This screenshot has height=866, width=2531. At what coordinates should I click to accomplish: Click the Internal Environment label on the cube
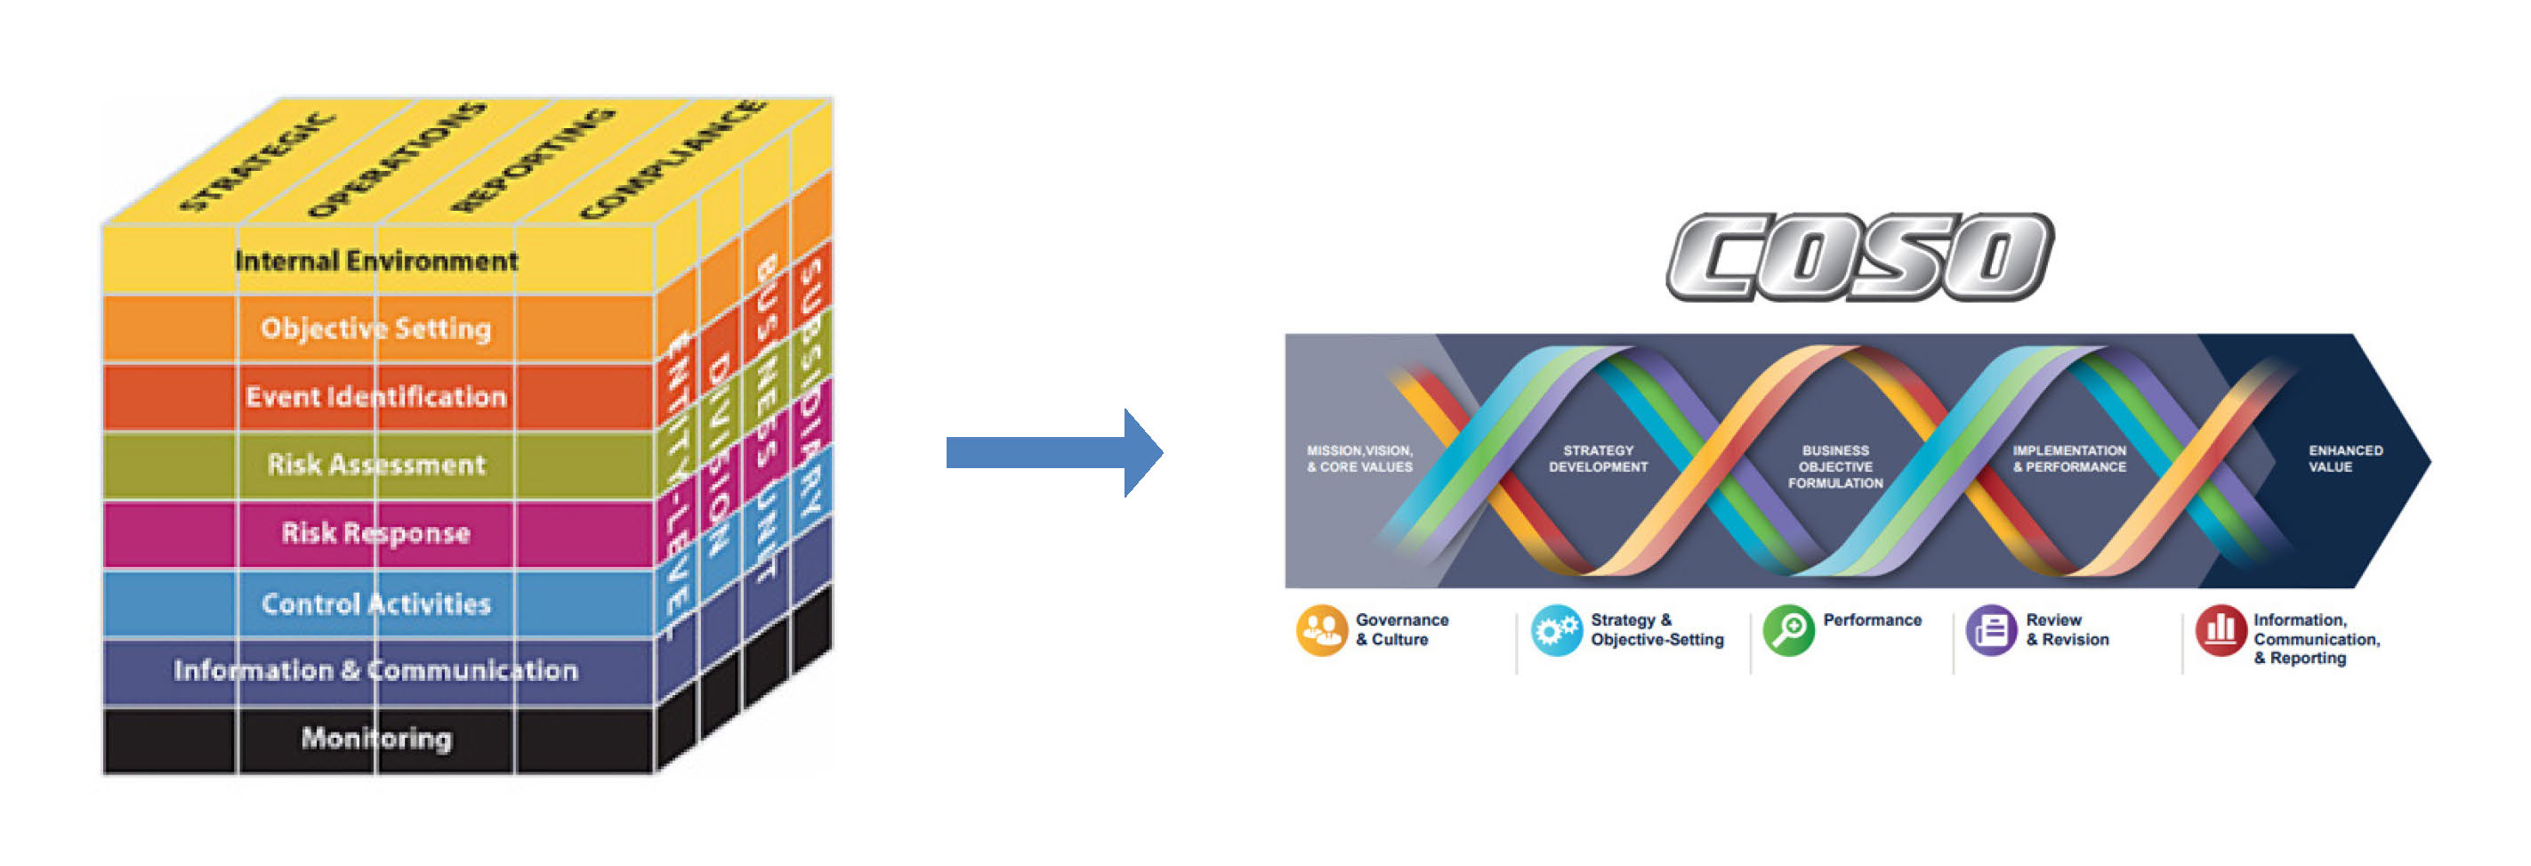pyautogui.click(x=375, y=262)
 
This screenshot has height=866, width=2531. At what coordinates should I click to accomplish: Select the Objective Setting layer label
pyautogui.click(x=375, y=328)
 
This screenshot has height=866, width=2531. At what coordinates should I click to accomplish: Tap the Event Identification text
pyautogui.click(x=375, y=397)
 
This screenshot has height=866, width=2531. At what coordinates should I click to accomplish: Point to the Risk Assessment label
pyautogui.click(x=375, y=465)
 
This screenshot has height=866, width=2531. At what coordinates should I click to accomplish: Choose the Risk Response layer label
pyautogui.click(x=375, y=534)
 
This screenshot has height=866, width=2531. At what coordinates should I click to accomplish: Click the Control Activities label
pyautogui.click(x=375, y=603)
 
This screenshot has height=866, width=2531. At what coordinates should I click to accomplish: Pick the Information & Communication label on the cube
pyautogui.click(x=375, y=671)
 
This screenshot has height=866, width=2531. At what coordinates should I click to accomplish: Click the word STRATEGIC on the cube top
pyautogui.click(x=257, y=163)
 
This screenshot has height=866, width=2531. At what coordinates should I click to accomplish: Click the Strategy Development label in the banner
pyautogui.click(x=1598, y=459)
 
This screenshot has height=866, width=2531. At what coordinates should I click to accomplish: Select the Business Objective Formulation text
pyautogui.click(x=1834, y=467)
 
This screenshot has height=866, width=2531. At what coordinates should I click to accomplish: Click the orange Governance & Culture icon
pyautogui.click(x=1321, y=630)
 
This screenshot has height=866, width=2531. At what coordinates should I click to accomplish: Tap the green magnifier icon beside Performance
pyautogui.click(x=1788, y=630)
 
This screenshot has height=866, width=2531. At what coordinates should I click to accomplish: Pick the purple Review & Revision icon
pyautogui.click(x=1991, y=630)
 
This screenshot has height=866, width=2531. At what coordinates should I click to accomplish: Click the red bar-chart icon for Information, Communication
pyautogui.click(x=2221, y=630)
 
